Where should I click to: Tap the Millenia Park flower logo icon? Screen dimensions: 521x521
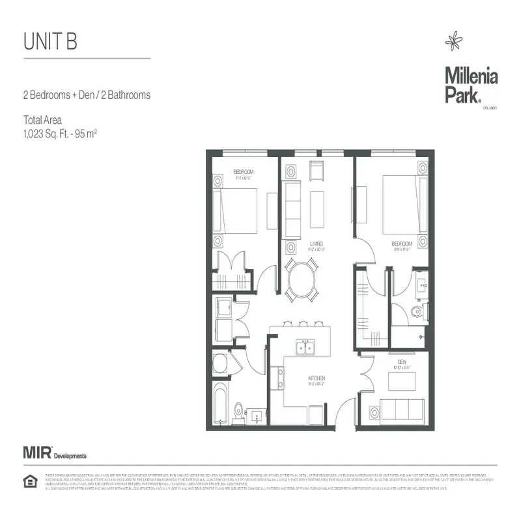(x=453, y=43)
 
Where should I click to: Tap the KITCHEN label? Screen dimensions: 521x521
(x=317, y=378)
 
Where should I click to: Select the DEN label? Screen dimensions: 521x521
(x=402, y=362)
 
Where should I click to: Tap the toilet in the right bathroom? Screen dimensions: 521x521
(x=418, y=313)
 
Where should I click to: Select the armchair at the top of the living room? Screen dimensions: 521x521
(x=316, y=171)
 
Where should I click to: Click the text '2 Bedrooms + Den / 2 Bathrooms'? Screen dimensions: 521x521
(x=87, y=95)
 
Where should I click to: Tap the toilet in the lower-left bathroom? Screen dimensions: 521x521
(x=238, y=410)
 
